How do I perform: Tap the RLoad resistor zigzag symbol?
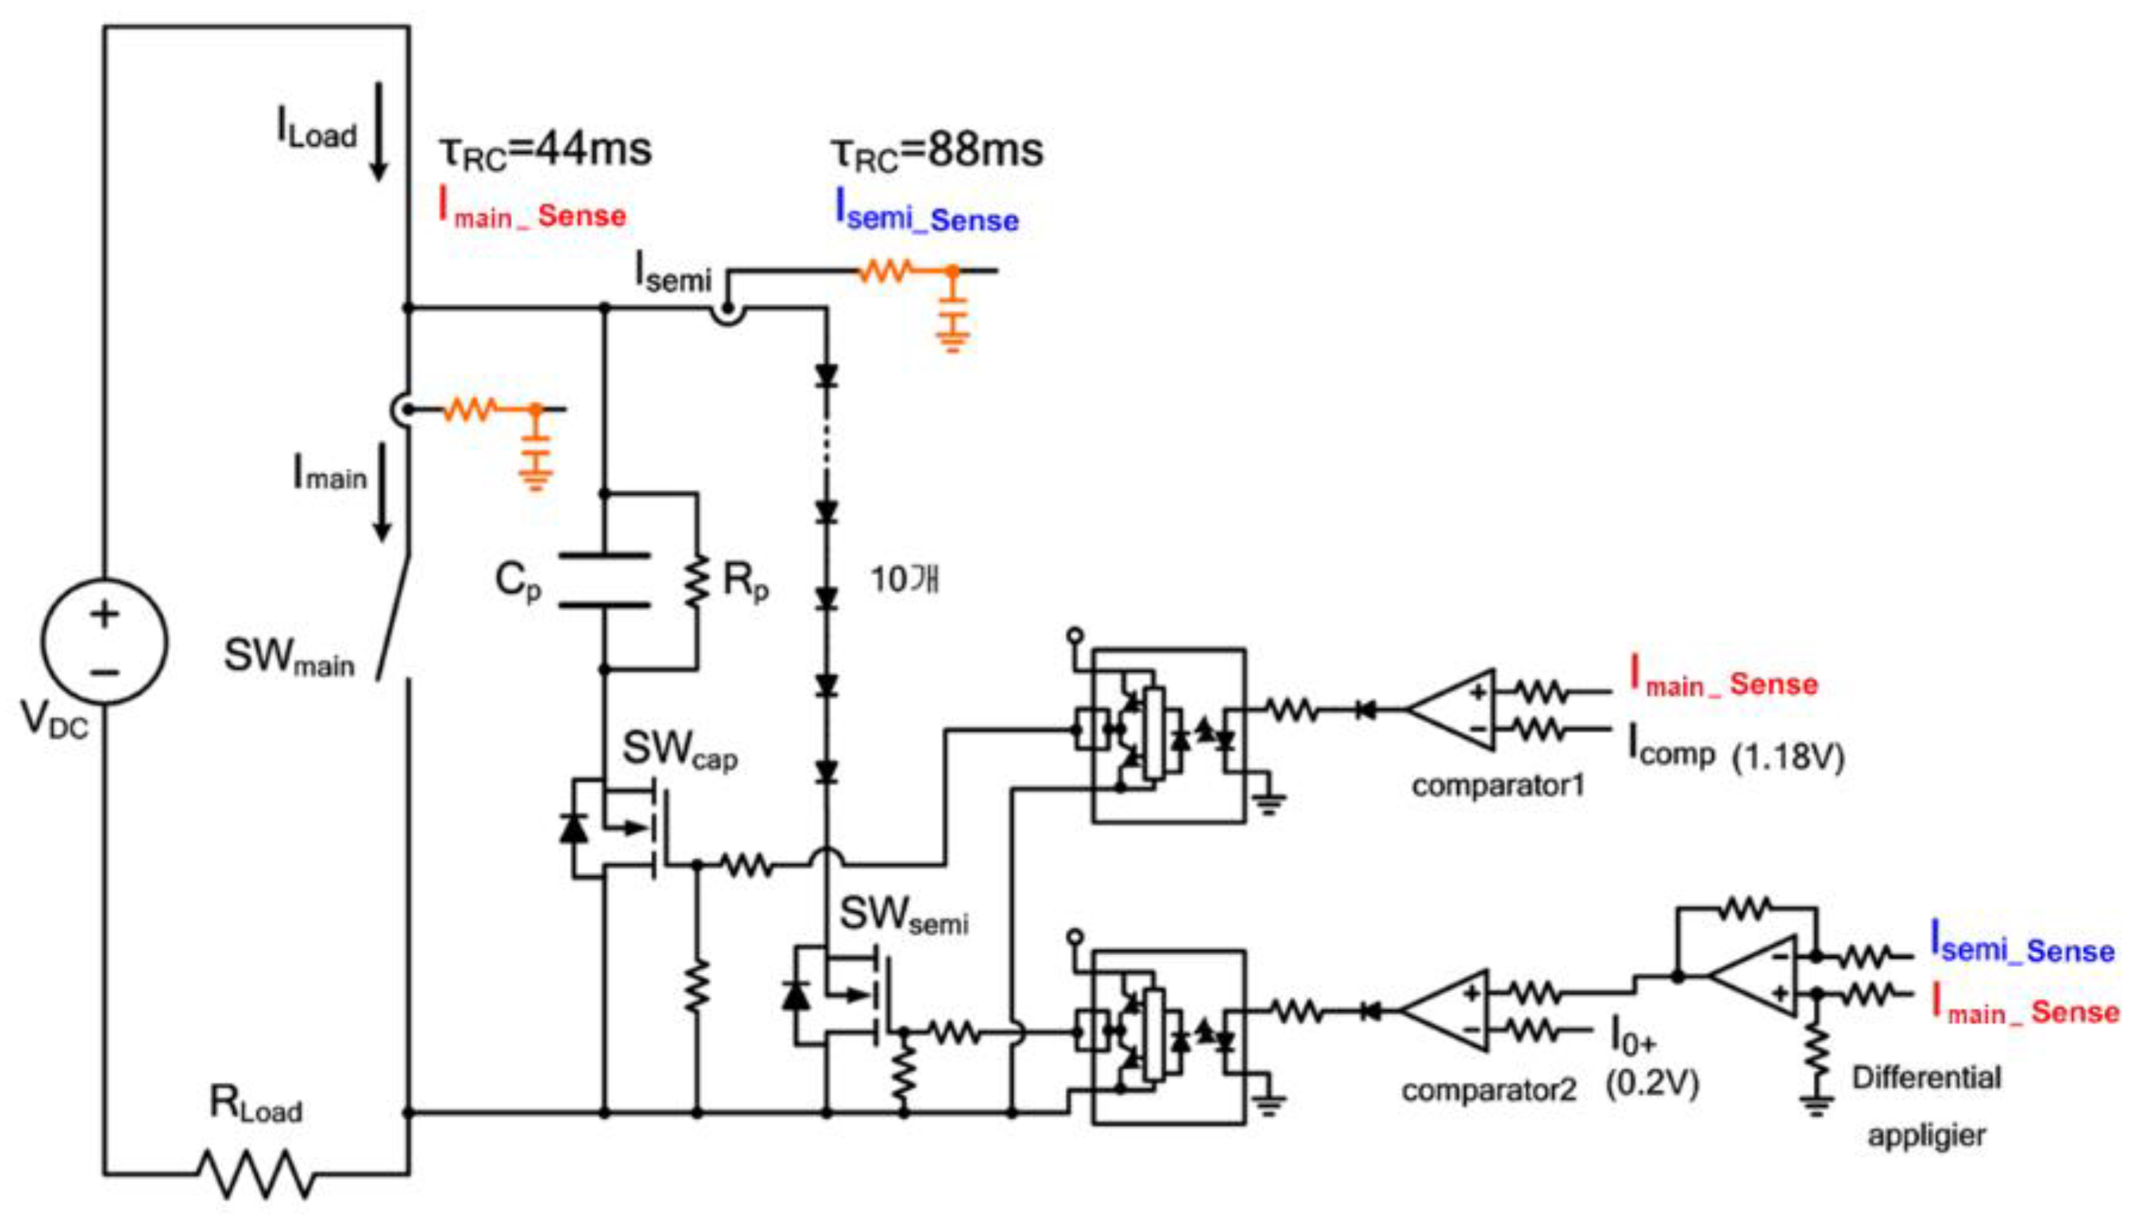click(256, 1173)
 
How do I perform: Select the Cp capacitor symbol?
click(605, 581)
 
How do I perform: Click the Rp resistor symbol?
click(697, 581)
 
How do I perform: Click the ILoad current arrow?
click(379, 131)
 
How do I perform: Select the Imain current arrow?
click(382, 492)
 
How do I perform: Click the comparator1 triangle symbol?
click(1451, 710)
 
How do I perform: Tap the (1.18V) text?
click(1788, 757)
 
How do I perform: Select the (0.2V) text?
click(1653, 1083)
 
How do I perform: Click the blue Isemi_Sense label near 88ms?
click(927, 211)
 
